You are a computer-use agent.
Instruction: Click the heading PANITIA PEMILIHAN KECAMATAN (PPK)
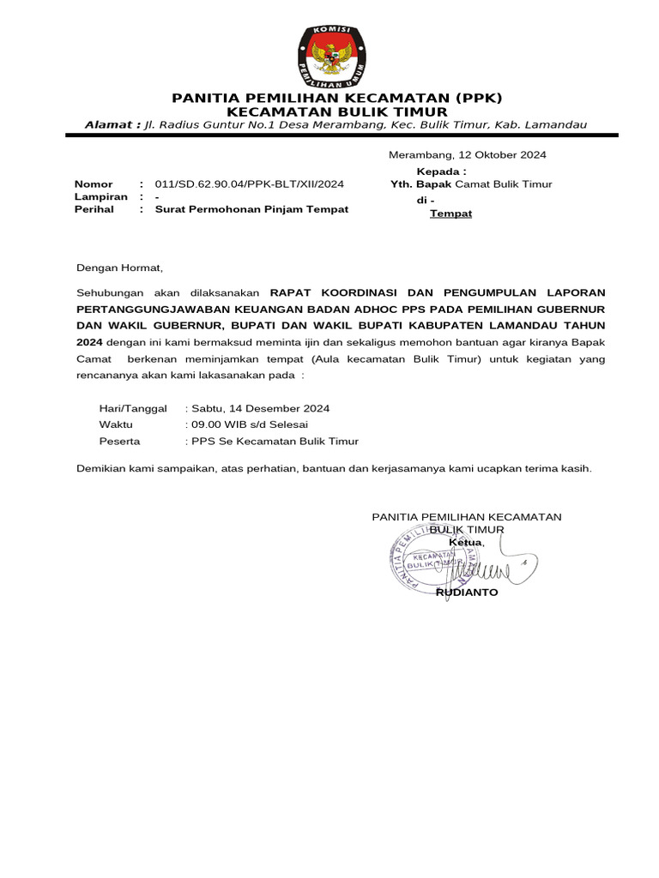click(336, 98)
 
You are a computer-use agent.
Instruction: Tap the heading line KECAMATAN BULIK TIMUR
click(336, 112)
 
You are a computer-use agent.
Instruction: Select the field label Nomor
click(94, 184)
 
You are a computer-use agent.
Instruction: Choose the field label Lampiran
click(101, 196)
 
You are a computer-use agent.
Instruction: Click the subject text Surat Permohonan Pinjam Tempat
click(251, 209)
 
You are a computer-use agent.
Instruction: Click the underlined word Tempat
click(450, 213)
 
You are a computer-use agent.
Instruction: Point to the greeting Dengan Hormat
click(119, 268)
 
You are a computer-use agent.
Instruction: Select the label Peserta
click(120, 442)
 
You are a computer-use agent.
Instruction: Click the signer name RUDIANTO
click(467, 592)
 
